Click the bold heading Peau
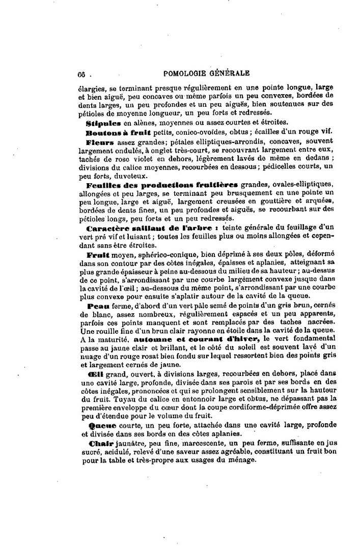point(96,306)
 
